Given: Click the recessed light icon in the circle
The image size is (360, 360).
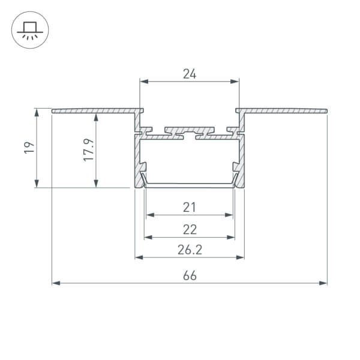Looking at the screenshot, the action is [30, 31].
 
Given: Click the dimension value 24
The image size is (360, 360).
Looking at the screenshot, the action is [190, 74].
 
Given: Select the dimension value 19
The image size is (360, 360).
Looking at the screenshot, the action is [29, 148].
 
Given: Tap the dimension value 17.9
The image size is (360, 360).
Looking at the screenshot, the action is [89, 150].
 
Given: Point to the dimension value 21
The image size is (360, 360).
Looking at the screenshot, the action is [190, 207].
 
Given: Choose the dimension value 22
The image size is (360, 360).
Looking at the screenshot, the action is [190, 229].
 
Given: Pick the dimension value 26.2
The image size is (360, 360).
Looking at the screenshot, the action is [190, 250].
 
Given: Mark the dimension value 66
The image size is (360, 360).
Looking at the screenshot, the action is [190, 275].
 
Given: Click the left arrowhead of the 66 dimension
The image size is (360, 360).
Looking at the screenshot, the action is [56, 283].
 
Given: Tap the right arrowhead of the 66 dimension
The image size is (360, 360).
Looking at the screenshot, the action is [323, 283].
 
